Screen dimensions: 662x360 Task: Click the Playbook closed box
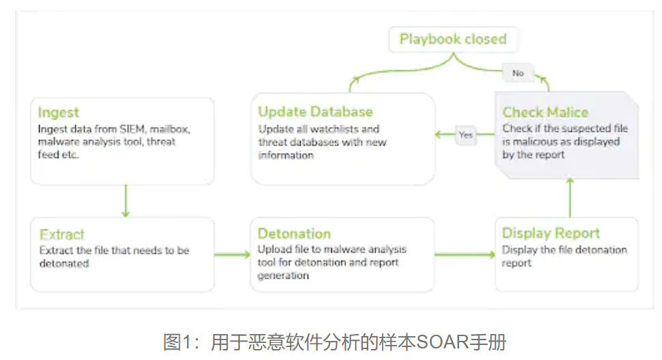(453, 39)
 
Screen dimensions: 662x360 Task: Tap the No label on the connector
(518, 73)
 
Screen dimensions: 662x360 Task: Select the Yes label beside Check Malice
(466, 135)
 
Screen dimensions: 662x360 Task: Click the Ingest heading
(58, 113)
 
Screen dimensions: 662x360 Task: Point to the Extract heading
(61, 235)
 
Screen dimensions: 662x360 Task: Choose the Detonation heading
(294, 234)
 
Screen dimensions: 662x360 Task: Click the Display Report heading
(551, 233)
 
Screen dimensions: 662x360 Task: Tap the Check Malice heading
(545, 112)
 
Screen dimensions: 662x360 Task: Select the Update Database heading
(316, 112)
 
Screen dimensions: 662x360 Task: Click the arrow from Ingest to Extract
(126, 200)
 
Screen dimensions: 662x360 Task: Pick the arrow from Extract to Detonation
(232, 255)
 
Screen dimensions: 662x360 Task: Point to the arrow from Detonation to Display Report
(465, 255)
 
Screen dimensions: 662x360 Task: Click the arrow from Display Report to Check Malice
(570, 197)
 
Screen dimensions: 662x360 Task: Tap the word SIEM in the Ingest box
(132, 129)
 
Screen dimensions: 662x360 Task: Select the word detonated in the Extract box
(64, 264)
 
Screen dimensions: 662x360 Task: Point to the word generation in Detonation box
(283, 275)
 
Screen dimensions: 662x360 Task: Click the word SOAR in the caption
(443, 342)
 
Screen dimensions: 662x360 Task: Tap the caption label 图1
(178, 342)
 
